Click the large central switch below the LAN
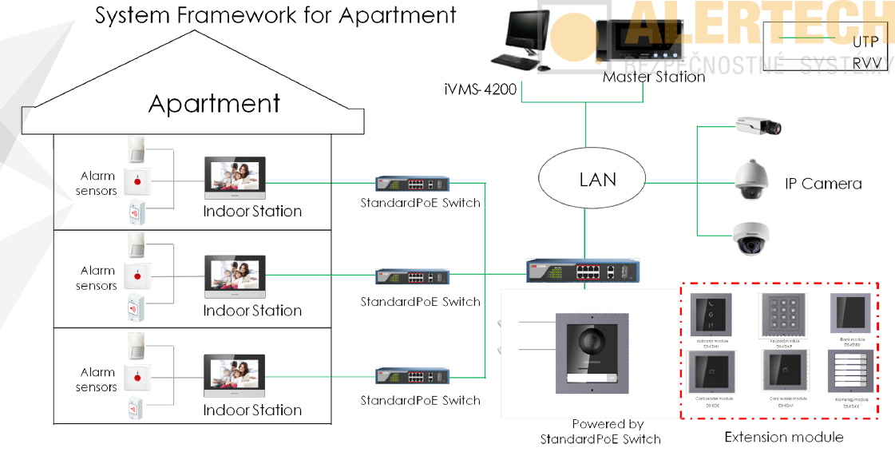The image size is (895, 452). [574, 271]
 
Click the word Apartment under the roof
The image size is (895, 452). [214, 105]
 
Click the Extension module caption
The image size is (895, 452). [783, 437]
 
